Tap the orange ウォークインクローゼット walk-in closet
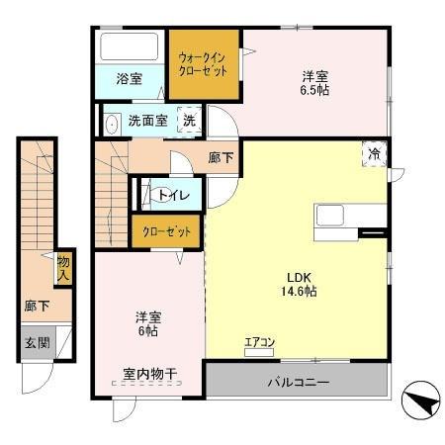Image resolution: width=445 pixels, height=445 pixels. tap(203, 65)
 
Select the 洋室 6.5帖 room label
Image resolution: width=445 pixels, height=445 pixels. tap(315, 82)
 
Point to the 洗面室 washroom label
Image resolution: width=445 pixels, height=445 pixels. tap(146, 122)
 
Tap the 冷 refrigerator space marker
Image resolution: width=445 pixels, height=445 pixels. tap(375, 153)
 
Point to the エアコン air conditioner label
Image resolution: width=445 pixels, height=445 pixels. tap(259, 343)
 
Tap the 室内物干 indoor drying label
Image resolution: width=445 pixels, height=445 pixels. tap(149, 374)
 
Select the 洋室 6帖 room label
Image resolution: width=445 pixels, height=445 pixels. tap(147, 323)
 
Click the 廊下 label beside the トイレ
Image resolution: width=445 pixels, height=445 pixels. tap(220, 157)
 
